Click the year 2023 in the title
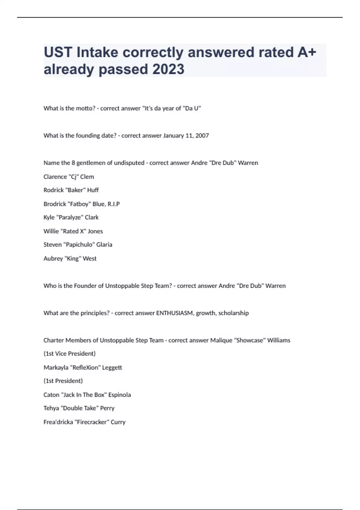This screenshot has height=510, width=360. pos(168,69)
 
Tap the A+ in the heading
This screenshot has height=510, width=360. pos(307,52)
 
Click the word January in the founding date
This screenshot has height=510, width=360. pos(173,136)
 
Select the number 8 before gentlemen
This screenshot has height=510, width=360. pos(73,163)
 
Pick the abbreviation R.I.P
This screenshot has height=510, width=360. pos(113,204)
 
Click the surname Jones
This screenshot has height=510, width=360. pos(95,231)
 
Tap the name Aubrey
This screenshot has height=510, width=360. pos(53,259)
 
